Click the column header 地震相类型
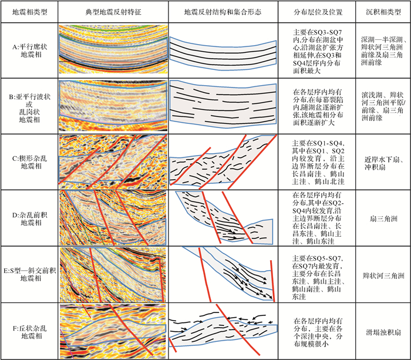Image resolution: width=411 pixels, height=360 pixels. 29,11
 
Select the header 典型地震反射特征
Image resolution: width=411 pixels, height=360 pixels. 112,11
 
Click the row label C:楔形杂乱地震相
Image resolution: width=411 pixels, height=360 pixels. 29,162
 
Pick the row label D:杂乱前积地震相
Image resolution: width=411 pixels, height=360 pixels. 29,218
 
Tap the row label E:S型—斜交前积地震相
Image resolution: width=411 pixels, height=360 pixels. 29,274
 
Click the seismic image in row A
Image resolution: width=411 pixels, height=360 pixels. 112,49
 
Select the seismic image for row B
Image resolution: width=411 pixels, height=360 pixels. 112,106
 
